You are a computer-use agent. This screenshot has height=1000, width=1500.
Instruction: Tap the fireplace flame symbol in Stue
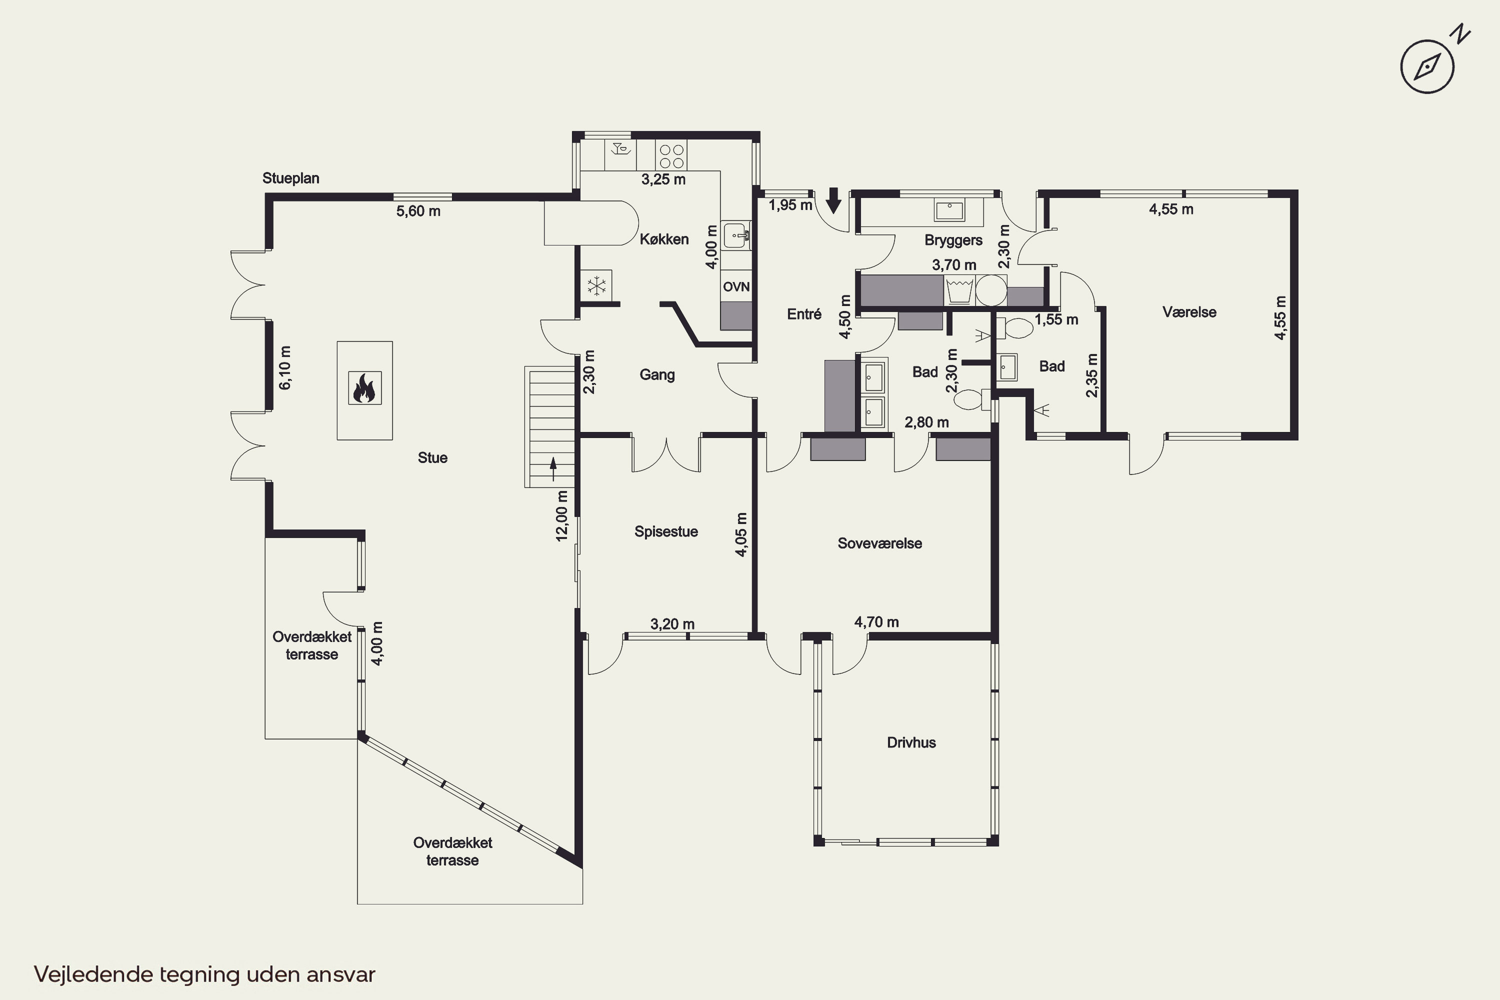365,388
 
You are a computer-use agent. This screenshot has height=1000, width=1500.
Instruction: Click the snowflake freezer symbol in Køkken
597,285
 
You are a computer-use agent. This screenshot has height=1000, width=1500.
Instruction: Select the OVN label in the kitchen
736,287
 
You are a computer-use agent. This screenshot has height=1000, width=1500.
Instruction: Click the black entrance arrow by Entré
833,200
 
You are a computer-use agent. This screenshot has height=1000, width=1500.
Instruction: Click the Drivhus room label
911,742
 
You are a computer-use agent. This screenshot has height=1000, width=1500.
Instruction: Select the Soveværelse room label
879,543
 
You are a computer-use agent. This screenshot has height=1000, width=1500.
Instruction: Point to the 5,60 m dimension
418,211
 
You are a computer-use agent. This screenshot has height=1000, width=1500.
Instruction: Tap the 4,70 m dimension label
876,622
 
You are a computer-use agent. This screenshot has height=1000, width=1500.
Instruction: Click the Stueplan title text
291,178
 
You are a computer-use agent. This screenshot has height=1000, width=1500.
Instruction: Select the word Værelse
1189,312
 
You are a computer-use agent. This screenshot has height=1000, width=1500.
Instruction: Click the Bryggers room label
953,240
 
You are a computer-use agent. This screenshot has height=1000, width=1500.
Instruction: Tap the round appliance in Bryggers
991,290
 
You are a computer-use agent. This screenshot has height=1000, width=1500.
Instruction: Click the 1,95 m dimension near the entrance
790,205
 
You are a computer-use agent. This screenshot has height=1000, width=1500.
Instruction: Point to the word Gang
657,374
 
